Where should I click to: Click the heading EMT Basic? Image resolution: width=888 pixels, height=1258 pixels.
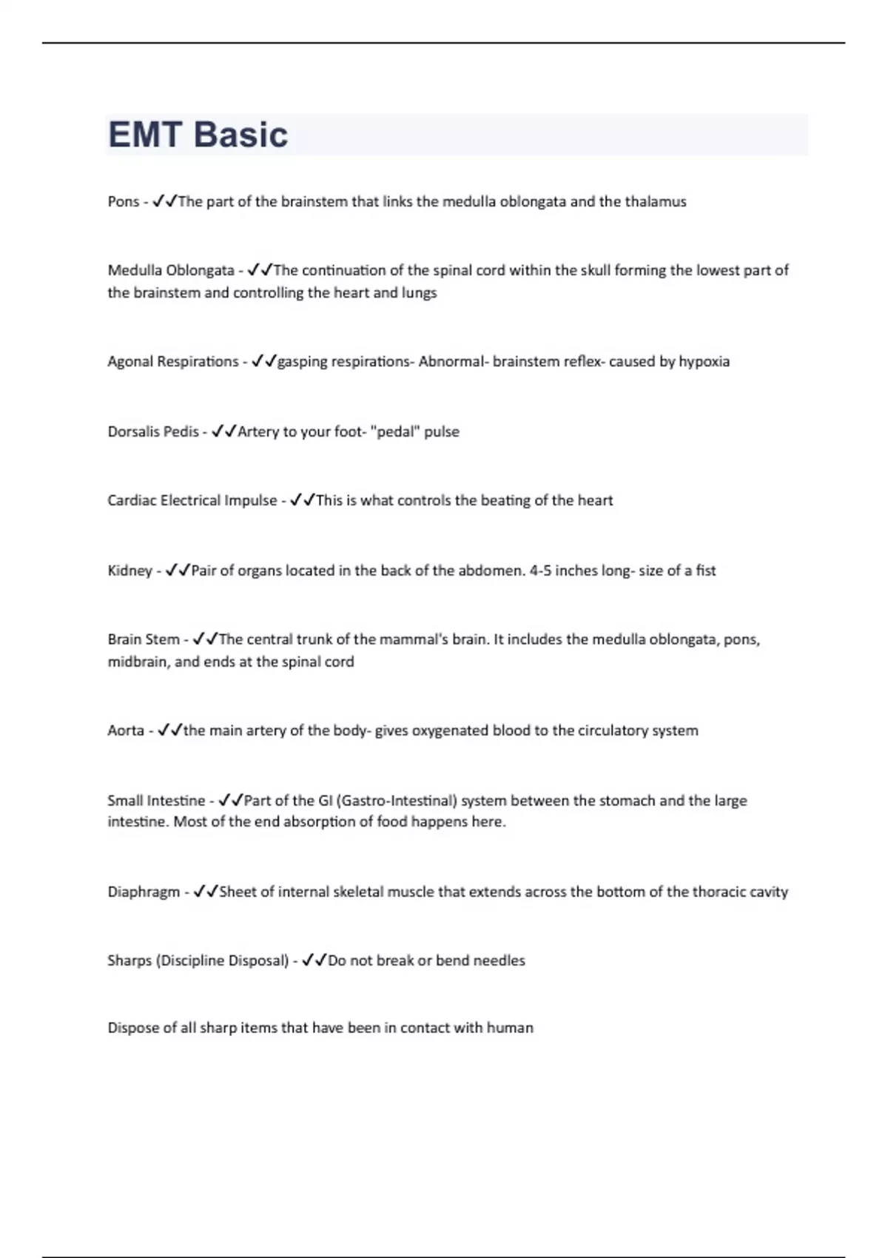(198, 135)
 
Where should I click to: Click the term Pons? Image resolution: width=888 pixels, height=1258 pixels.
(123, 201)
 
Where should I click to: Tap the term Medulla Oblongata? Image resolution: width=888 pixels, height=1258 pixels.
(171, 270)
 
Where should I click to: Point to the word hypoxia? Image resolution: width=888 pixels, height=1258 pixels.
(704, 361)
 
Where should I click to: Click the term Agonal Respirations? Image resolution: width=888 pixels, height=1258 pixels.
(173, 361)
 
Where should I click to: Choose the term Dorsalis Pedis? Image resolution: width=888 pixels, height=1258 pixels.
(153, 431)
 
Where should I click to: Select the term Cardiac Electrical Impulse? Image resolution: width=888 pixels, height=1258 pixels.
(192, 500)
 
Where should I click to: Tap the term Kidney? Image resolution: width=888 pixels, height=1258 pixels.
(129, 571)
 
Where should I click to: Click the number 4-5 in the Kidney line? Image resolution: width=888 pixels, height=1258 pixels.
(540, 571)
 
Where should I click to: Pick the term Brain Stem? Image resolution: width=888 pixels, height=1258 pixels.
(144, 639)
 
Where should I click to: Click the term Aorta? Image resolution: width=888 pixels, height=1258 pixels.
(126, 730)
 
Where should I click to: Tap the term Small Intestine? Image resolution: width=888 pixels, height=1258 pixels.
(156, 800)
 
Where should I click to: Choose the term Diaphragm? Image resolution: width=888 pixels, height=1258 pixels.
(144, 892)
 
